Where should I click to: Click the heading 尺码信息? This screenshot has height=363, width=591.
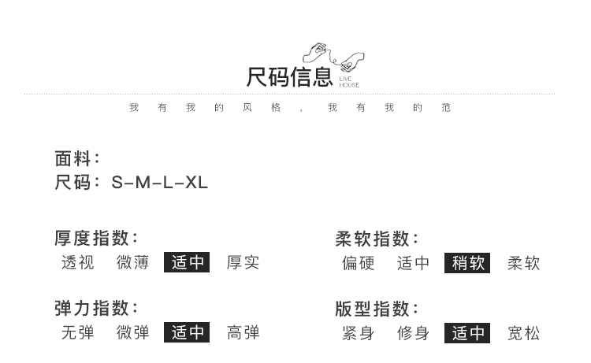coord(289,77)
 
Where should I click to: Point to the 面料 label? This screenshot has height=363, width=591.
coord(76,158)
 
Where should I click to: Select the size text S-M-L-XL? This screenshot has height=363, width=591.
coord(160,183)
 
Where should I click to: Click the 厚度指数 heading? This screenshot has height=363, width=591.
coord(95,238)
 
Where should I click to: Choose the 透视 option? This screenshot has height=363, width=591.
coord(78,263)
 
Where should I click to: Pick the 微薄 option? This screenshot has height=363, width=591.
coord(133,263)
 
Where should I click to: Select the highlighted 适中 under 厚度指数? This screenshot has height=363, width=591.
coord(187,263)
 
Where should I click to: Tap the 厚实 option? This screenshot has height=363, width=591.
coord(243,263)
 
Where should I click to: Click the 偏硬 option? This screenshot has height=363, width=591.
coord(359,263)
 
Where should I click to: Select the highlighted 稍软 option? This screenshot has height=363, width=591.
coord(467,263)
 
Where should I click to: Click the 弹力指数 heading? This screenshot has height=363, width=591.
coord(95,308)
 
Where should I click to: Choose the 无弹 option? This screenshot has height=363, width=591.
coord(78,333)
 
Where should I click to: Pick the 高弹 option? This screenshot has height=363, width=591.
coord(243,333)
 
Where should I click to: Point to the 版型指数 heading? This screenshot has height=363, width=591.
coord(377,308)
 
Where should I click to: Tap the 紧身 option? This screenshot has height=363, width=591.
coord(359,333)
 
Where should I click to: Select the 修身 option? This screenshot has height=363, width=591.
coord(413,333)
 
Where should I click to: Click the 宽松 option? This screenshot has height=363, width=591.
coord(524,333)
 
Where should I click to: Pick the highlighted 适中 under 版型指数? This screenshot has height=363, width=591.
coord(467,333)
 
